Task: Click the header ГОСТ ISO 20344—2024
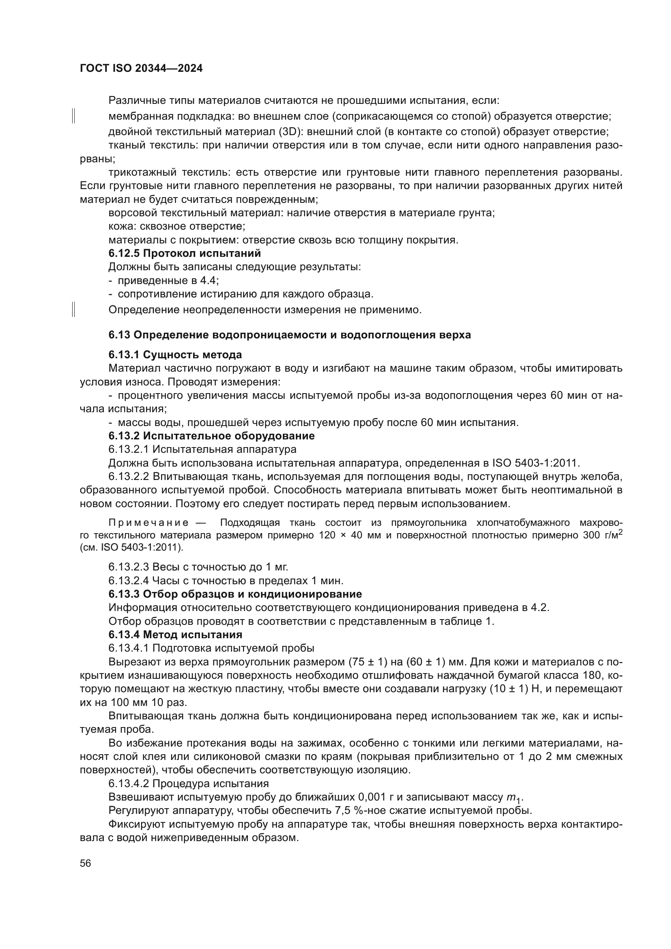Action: pos(141,69)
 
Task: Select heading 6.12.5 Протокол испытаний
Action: pos(184,253)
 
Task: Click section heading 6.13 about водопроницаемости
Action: pos(289,335)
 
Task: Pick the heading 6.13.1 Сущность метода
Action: pos(175,355)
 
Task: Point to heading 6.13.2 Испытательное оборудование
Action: pos(211,436)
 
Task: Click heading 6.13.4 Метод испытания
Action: pos(175,634)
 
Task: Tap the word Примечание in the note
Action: pos(148,523)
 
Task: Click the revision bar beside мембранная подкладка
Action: pos(73,116)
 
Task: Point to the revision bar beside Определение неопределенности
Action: pos(73,310)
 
